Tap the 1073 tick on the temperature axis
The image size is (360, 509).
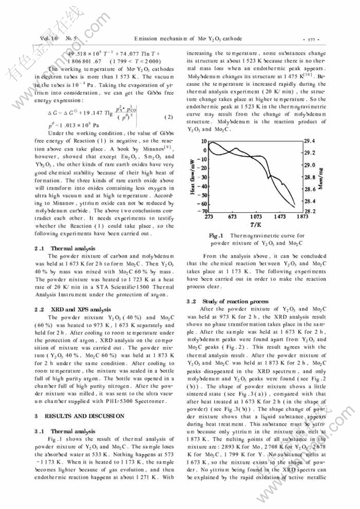(256, 217)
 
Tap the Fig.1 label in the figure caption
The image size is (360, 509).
(217, 235)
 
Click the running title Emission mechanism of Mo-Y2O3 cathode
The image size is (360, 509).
(188, 39)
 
